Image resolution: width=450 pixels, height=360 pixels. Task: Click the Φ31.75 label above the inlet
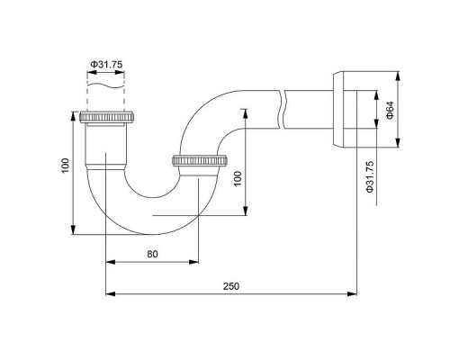105,65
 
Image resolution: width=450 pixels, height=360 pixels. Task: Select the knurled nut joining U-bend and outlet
198,162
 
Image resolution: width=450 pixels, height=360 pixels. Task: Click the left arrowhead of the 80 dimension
110,263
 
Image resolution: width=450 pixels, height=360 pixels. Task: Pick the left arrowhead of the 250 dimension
110,292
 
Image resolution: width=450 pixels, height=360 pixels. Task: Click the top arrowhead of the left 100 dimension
73,116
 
